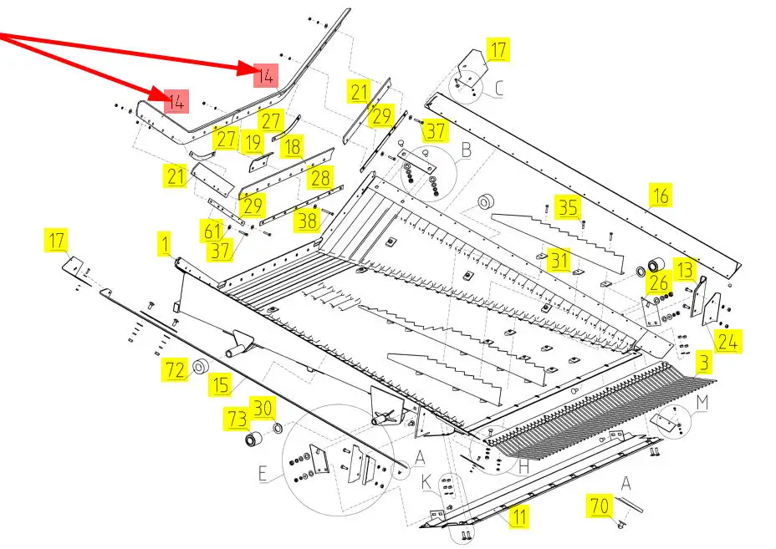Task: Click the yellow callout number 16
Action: [x=661, y=196]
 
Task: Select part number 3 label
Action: [x=704, y=363]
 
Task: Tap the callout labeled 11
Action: [x=519, y=516]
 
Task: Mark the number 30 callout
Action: [x=263, y=407]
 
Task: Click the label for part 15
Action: [x=221, y=384]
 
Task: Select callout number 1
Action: [x=165, y=244]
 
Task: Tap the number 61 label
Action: [x=213, y=230]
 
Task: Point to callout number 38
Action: [x=309, y=221]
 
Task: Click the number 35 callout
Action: [x=569, y=206]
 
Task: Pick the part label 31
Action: [x=559, y=261]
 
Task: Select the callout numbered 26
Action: [x=658, y=282]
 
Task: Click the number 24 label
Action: [x=727, y=341]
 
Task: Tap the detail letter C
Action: [x=499, y=89]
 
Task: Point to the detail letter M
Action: [x=702, y=403]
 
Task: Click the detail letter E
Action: [x=263, y=475]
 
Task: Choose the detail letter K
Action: [x=426, y=482]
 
